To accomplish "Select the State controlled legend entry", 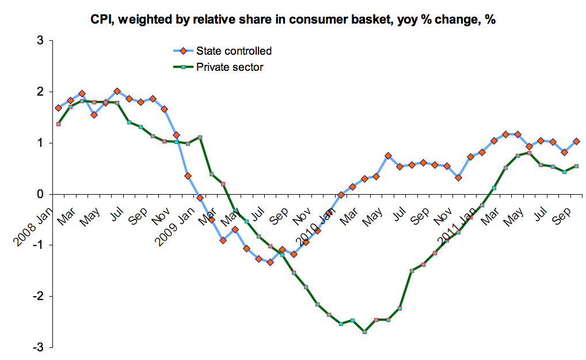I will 233,51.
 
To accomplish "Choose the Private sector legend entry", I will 229,67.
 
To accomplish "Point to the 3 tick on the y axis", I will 40,41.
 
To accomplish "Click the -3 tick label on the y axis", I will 38,347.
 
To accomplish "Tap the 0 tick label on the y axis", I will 40,194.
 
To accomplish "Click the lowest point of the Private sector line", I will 365,332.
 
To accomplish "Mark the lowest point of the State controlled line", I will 270,262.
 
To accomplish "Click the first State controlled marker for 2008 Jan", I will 58,108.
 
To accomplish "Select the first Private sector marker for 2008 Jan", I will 58,124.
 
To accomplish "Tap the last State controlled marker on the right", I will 576,141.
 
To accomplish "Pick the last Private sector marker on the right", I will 576,166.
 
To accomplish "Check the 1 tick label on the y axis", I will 40,143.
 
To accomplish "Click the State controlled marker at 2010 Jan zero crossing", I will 341,195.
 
